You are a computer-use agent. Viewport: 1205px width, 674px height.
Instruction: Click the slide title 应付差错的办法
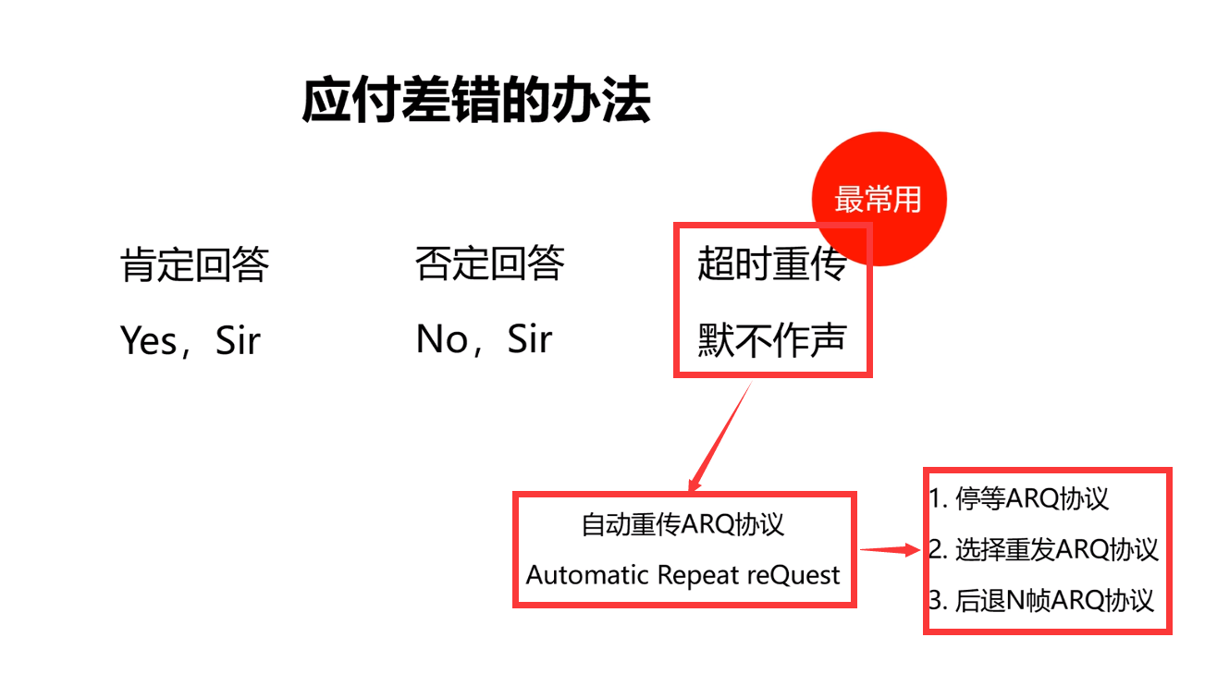tap(475, 101)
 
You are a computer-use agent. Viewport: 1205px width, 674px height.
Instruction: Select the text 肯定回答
tap(195, 265)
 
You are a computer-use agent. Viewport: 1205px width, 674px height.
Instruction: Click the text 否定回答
tap(489, 264)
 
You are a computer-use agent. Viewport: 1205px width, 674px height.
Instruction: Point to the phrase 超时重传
tap(771, 265)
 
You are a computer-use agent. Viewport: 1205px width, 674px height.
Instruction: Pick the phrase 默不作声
tap(771, 340)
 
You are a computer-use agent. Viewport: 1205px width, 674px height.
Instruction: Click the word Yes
tap(148, 341)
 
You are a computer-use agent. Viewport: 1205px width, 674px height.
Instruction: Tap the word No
tap(441, 340)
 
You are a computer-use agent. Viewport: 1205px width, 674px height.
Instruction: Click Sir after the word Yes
tap(238, 341)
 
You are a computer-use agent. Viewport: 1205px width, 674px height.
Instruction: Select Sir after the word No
tap(530, 340)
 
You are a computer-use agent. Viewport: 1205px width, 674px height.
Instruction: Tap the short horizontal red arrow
tap(892, 551)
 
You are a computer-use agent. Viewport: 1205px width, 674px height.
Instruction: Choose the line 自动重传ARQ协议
tap(682, 524)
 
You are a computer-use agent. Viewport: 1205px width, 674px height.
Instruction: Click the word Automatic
tap(587, 575)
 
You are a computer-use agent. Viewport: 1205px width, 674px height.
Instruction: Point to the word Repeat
tap(698, 575)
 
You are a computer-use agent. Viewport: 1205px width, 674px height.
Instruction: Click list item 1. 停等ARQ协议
tap(1019, 499)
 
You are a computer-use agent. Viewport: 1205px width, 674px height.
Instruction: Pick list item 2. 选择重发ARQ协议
tap(1044, 549)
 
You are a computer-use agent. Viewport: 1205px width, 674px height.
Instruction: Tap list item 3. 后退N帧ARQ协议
tap(1042, 600)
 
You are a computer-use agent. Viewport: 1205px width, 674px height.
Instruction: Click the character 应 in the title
tap(319, 101)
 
